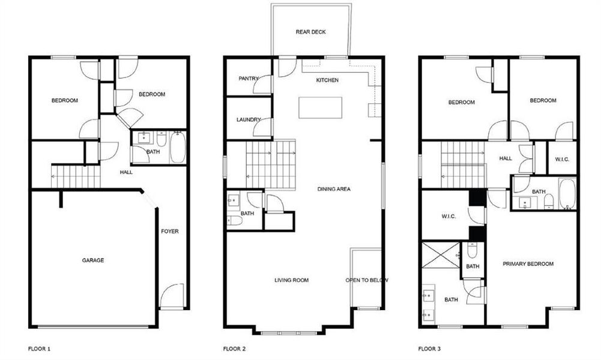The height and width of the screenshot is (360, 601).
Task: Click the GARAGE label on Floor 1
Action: click(x=93, y=260)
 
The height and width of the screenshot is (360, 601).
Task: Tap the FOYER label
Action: click(x=170, y=231)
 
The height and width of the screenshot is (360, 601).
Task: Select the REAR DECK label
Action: click(x=311, y=32)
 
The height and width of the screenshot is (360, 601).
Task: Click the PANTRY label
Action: click(x=248, y=79)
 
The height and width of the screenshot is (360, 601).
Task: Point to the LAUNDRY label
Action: click(x=248, y=120)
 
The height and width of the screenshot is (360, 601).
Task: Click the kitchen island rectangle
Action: click(x=321, y=107)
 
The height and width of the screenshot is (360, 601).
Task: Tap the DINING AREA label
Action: click(x=334, y=189)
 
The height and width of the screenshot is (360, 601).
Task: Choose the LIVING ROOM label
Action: click(x=291, y=280)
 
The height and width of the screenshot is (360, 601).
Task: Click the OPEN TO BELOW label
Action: click(x=367, y=280)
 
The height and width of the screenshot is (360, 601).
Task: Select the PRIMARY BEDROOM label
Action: click(x=528, y=264)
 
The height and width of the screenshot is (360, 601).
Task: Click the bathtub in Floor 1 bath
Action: click(x=177, y=148)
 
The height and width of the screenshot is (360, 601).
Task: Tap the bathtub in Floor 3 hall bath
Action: click(x=567, y=193)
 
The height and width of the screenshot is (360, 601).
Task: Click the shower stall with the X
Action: click(x=441, y=255)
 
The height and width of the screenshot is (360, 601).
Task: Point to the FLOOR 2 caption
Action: click(x=234, y=349)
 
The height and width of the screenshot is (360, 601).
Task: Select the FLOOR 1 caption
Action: click(x=40, y=349)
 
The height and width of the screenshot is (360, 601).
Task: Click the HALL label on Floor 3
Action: click(x=506, y=158)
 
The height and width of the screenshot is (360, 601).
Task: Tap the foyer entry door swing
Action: click(x=173, y=296)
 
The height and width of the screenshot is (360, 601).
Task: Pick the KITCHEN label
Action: click(x=328, y=80)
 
